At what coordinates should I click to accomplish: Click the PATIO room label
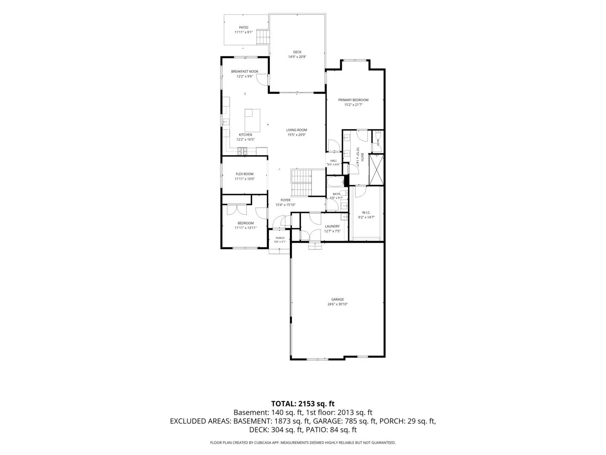coord(243,27)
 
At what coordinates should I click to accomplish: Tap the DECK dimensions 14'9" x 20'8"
coord(297,57)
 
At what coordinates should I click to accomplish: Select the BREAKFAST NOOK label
coord(245,72)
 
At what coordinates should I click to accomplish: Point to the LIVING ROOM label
coord(297,130)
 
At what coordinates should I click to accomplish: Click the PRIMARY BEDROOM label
coord(353,100)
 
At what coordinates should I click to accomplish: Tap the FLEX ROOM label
coord(245,174)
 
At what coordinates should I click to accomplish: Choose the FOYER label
coord(285,200)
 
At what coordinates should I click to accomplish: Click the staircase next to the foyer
coord(301,182)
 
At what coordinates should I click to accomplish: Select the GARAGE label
coord(338,300)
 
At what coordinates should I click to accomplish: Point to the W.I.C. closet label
coord(366,212)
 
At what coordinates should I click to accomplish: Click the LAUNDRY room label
coord(332,226)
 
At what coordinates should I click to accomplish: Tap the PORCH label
coord(280,238)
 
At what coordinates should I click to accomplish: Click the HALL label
coord(333,161)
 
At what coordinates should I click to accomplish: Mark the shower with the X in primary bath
coord(376,170)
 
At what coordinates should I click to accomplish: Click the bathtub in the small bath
coord(335,182)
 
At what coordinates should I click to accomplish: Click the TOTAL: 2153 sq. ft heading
coord(303,404)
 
